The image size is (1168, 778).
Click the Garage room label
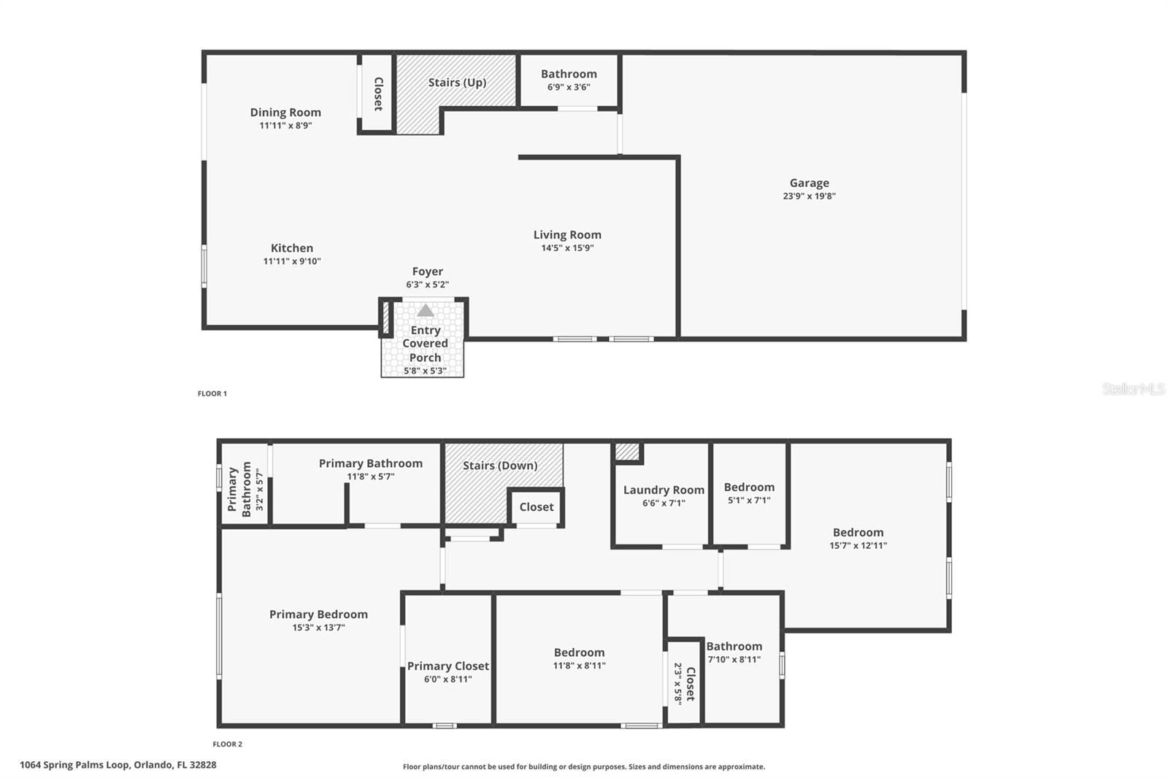(x=809, y=183)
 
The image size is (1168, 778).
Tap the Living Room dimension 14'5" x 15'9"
(x=567, y=247)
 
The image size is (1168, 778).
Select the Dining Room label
(x=285, y=112)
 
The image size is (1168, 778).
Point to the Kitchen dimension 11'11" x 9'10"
(x=291, y=261)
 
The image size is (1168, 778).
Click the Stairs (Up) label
(x=457, y=82)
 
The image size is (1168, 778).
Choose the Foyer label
(x=428, y=271)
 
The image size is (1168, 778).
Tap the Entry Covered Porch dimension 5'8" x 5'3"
(x=425, y=371)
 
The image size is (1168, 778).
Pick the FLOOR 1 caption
(x=212, y=393)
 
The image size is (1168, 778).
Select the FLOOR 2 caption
(x=227, y=744)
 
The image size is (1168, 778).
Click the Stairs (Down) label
(x=500, y=466)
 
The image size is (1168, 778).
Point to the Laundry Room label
(x=664, y=490)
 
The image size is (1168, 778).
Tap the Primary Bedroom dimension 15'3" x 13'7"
(x=318, y=628)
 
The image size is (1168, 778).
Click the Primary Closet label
(x=448, y=666)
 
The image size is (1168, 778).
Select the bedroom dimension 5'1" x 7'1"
(x=749, y=500)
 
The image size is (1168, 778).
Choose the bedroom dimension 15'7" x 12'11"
(x=858, y=545)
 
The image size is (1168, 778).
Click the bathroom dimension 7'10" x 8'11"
(x=734, y=659)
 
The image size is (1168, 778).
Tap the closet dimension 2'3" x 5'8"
(x=678, y=683)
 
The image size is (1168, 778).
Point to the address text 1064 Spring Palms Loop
(x=74, y=765)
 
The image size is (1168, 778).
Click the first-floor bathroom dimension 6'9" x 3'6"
(x=569, y=87)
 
